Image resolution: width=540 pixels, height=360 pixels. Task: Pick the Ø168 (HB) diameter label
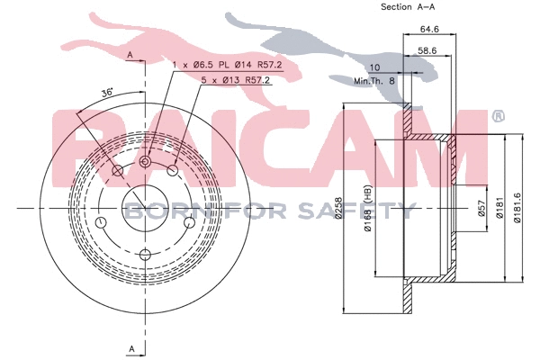point(369,212)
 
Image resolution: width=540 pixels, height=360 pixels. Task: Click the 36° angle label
point(106,92)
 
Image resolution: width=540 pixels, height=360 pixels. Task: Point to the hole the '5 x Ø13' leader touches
point(173,170)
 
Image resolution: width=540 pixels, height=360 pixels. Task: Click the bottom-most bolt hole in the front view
point(145,255)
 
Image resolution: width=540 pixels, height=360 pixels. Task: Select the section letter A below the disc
point(130,348)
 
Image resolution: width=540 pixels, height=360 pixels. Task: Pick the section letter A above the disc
point(130,56)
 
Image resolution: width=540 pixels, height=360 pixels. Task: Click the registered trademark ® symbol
point(497,116)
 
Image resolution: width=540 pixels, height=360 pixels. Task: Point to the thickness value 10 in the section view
point(374,67)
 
